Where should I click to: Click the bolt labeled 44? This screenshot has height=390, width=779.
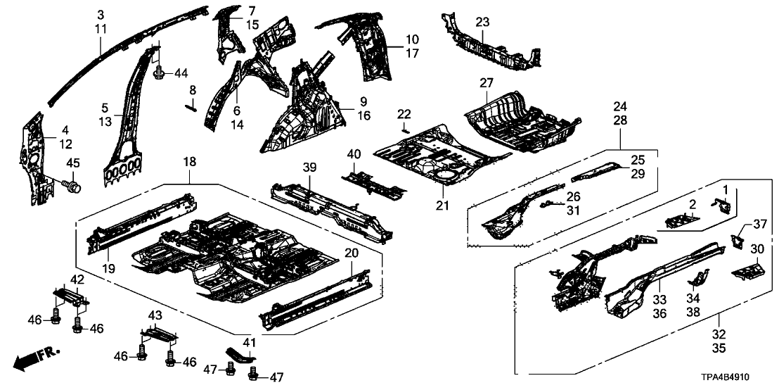pyautogui.click(x=160, y=73)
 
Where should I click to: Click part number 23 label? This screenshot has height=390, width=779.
pyautogui.click(x=482, y=23)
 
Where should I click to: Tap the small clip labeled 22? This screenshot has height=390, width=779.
pyautogui.click(x=405, y=130)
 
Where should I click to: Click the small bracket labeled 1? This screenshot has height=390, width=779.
pyautogui.click(x=722, y=204)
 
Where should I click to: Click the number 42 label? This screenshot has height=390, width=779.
pyautogui.click(x=77, y=279)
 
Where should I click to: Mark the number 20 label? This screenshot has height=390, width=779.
pyautogui.click(x=352, y=253)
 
